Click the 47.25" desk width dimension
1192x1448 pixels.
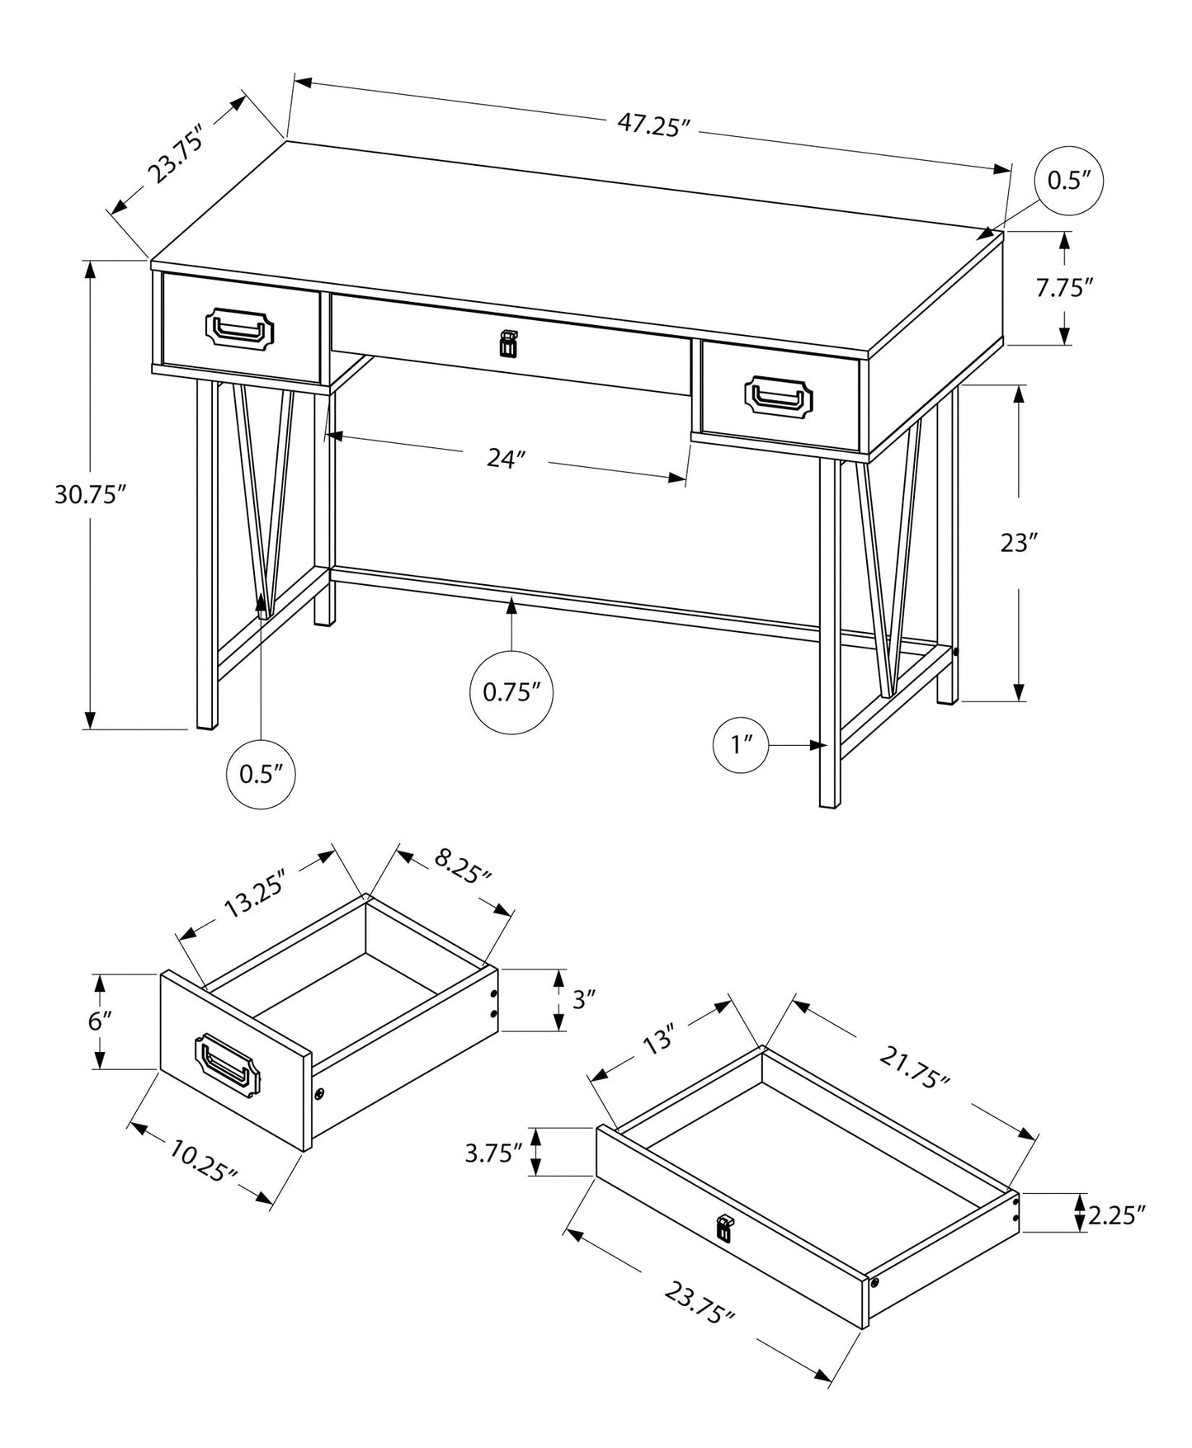pyautogui.click(x=653, y=126)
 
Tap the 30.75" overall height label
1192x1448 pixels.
pyautogui.click(x=90, y=495)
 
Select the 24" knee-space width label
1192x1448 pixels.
pyautogui.click(x=506, y=459)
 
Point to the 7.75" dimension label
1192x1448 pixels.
pyautogui.click(x=1064, y=288)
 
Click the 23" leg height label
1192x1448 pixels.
pyautogui.click(x=1018, y=544)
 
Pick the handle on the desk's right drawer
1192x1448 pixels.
pyautogui.click(x=779, y=396)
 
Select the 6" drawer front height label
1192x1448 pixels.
pyautogui.click(x=100, y=1021)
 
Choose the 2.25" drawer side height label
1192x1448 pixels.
pyautogui.click(x=1118, y=1215)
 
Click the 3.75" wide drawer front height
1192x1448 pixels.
pyautogui.click(x=494, y=1153)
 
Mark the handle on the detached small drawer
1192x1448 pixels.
pyautogui.click(x=228, y=1065)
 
